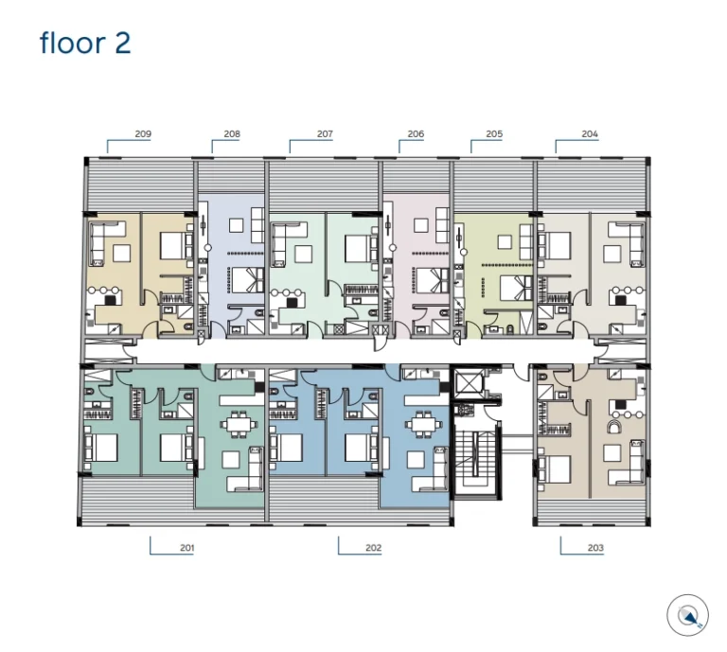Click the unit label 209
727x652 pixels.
point(143,134)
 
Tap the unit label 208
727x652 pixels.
point(232,134)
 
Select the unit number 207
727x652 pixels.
point(325,134)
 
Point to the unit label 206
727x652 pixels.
point(416,134)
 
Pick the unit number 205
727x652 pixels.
point(494,134)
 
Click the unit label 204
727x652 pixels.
point(590,134)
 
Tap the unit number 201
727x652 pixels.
point(186,548)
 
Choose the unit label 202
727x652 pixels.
point(373,548)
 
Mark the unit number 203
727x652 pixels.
point(595,548)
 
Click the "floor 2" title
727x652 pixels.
point(85,44)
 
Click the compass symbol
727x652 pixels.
point(687,615)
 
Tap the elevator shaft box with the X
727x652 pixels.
point(469,382)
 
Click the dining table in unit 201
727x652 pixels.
point(238,424)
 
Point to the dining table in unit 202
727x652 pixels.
point(423,424)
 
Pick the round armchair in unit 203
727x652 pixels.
point(616,427)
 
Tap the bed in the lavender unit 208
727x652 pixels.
point(248,279)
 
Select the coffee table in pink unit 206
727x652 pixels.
point(421,225)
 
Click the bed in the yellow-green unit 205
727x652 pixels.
point(517,288)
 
